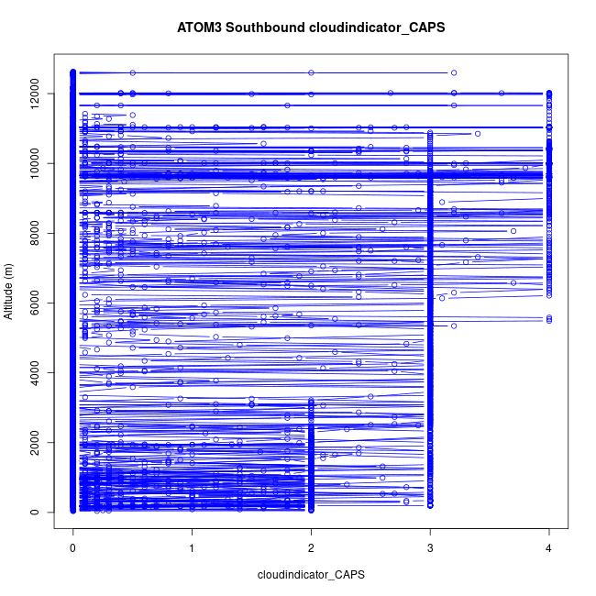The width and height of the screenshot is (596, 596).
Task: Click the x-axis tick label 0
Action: coord(73,548)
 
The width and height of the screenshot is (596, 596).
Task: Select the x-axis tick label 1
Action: coord(193,548)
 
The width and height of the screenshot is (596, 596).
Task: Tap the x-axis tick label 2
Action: coord(311,548)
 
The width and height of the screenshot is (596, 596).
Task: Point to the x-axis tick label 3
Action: coord(430,548)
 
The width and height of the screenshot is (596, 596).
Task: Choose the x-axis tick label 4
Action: coord(549,548)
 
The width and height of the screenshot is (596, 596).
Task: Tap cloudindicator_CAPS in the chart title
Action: coord(376,28)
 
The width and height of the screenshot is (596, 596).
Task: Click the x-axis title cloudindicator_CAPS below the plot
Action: coord(311,575)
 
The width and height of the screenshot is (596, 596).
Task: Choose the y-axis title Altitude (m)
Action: coord(9,292)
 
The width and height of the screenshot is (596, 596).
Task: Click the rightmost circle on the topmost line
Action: coord(454,72)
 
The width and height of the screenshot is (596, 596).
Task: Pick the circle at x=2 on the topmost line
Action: coord(311,72)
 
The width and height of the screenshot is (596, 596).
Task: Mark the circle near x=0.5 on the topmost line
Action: coord(133,72)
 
